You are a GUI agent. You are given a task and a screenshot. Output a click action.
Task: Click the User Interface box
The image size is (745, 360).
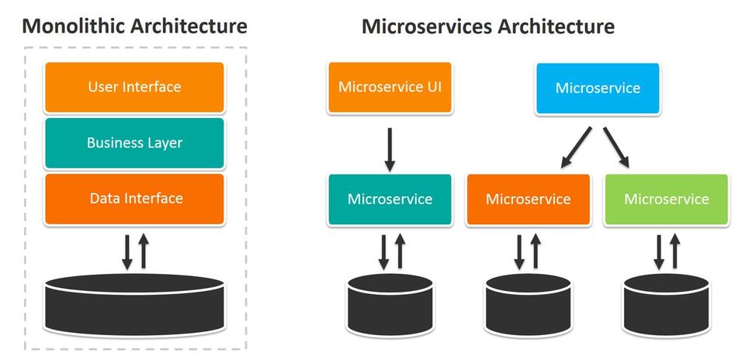(134, 87)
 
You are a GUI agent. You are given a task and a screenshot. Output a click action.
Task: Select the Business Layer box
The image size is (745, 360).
(134, 143)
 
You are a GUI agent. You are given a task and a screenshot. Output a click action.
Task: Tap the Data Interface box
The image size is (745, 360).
(134, 199)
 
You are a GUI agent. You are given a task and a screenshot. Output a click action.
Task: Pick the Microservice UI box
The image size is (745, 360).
(390, 87)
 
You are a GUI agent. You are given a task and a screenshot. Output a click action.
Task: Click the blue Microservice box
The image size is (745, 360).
(598, 88)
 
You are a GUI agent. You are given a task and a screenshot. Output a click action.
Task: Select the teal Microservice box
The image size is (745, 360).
(390, 199)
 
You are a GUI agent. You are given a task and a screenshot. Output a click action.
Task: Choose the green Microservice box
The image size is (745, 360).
(666, 199)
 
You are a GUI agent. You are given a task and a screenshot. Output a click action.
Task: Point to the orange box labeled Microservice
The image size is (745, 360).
(528, 199)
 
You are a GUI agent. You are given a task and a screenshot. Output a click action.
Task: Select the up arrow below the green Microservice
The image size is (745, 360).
(675, 251)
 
